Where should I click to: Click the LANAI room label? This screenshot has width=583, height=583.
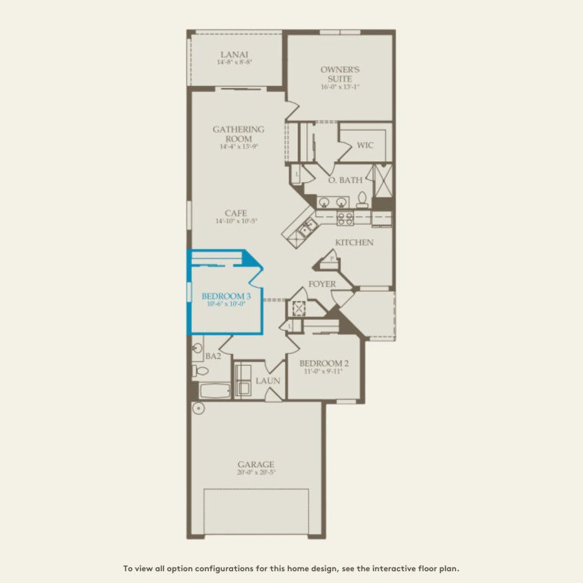[x=234, y=54]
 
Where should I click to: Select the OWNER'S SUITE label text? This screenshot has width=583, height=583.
[x=340, y=74]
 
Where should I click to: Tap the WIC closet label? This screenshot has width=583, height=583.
[x=365, y=145]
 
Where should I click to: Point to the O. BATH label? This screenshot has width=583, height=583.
[x=345, y=179]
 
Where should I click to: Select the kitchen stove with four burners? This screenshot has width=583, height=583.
[x=345, y=219]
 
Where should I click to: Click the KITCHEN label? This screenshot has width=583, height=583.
[x=354, y=242]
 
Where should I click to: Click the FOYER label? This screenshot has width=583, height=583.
[x=322, y=284]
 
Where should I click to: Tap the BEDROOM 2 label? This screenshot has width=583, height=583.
[x=323, y=363]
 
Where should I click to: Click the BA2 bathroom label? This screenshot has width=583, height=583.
[x=214, y=356]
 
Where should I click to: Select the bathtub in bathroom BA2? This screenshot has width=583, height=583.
[x=214, y=389]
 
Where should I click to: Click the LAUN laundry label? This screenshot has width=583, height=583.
[x=267, y=381]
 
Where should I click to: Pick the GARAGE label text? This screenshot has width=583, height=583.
[x=256, y=464]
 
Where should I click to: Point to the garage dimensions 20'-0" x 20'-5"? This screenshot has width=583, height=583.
[x=256, y=473]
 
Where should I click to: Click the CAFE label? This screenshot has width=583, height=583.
[x=235, y=213]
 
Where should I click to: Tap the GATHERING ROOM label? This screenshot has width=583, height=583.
[x=238, y=133]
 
